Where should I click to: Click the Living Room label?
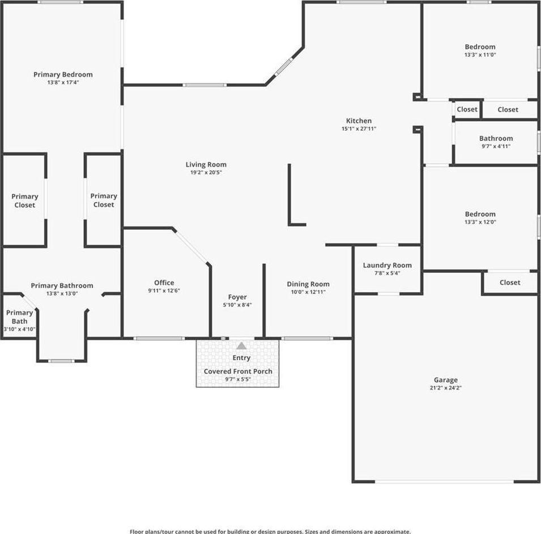click(206, 165)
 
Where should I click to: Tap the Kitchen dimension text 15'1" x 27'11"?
click(359, 129)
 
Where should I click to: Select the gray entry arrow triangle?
click(241, 345)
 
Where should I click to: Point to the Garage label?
click(446, 380)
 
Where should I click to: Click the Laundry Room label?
click(387, 265)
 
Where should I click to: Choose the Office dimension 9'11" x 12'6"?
click(164, 291)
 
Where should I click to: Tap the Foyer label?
click(237, 297)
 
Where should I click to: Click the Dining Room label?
click(308, 284)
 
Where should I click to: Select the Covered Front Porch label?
click(238, 371)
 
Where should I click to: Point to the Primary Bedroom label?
click(63, 74)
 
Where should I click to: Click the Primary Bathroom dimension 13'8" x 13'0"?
click(62, 293)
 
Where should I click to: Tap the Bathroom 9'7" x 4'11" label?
click(496, 142)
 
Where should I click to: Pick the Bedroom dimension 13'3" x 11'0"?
click(480, 54)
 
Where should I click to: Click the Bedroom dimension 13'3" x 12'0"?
click(480, 222)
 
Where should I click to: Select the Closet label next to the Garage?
click(510, 282)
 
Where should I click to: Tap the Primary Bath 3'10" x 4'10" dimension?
click(19, 329)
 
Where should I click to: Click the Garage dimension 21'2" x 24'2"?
click(446, 388)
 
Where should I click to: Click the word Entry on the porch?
click(241, 358)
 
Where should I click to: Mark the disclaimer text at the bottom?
click(270, 532)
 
